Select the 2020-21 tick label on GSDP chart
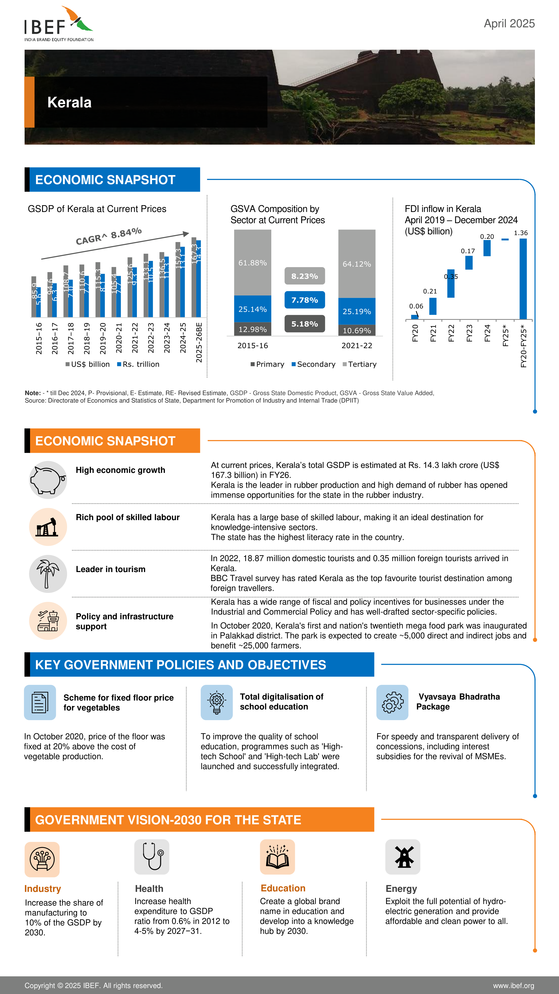coord(119,338)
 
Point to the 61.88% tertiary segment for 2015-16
coord(252,262)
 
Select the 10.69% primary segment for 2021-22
coord(357,330)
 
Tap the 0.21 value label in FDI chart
coord(430,291)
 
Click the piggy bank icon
coord(48,480)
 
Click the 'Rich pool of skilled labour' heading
coord(128,517)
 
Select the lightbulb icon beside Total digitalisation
coord(216,702)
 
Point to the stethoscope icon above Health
coord(152,857)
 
